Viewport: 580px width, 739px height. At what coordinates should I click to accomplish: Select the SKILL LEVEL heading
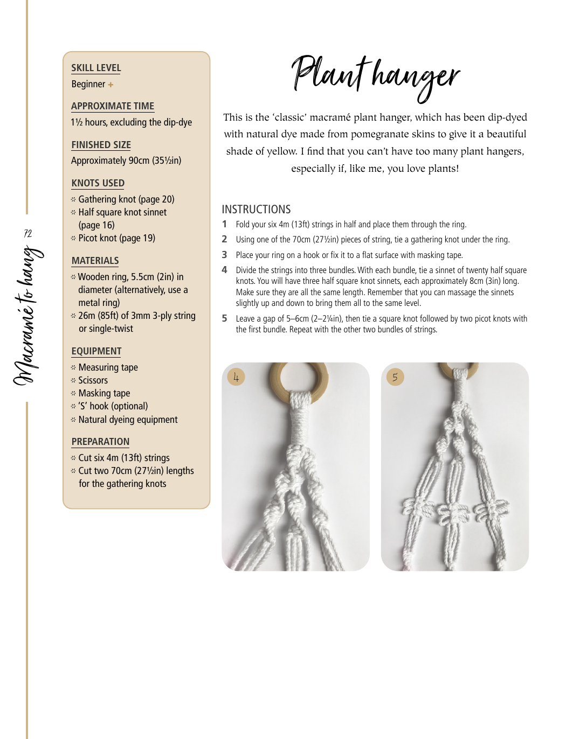(x=96, y=68)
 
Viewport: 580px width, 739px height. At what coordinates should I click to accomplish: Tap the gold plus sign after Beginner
(x=111, y=85)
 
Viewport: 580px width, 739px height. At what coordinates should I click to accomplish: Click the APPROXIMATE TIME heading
(x=113, y=106)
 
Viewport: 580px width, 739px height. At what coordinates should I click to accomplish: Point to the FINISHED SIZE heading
(x=101, y=145)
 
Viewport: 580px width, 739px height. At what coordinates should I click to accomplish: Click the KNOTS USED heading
(x=98, y=183)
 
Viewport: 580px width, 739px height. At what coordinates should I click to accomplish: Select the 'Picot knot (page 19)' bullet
(x=116, y=238)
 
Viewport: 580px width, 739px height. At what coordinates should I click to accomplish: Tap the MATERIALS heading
(x=95, y=261)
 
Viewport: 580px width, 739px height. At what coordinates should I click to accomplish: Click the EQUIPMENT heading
(x=96, y=351)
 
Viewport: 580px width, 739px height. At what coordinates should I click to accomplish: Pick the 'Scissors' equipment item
(x=93, y=380)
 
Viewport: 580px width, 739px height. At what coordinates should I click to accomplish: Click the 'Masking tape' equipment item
(x=104, y=393)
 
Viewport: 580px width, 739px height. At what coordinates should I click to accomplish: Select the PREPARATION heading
(x=100, y=442)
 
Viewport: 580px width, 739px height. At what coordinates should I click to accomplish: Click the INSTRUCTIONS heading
(x=256, y=210)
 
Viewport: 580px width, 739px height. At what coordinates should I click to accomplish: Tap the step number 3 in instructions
(x=225, y=255)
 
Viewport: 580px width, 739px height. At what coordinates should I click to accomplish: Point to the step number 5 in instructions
(x=225, y=318)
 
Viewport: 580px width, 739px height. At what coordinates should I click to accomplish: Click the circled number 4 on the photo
(x=236, y=377)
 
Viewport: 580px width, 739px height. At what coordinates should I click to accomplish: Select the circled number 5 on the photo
(x=395, y=377)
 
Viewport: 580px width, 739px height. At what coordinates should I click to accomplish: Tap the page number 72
(x=27, y=233)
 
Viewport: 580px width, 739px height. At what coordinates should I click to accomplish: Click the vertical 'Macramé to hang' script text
(x=27, y=316)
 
